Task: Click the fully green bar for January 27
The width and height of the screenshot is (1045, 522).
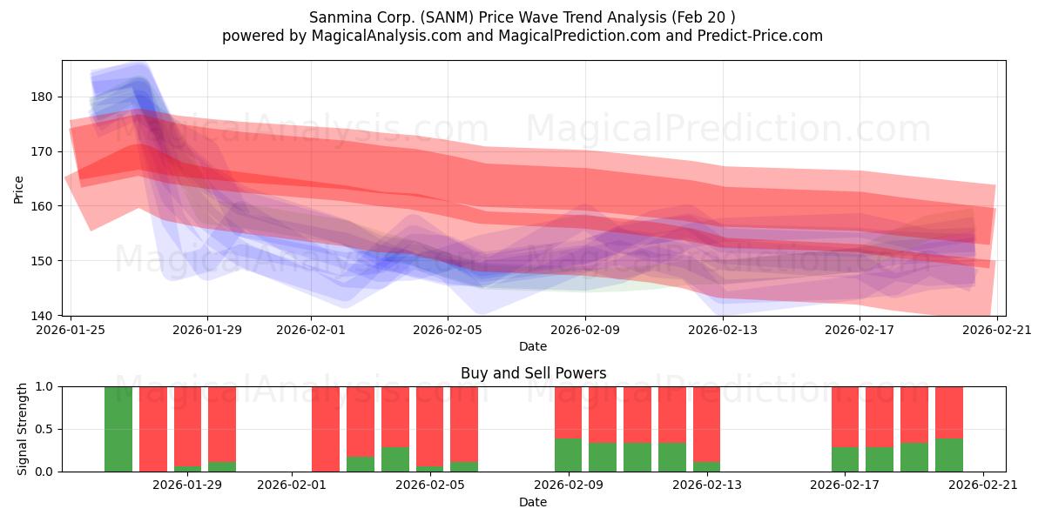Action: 118,429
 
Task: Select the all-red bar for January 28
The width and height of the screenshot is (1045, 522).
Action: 153,429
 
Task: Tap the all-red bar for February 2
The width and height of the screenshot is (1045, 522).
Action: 326,429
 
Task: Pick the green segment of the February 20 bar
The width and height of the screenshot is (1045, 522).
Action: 949,455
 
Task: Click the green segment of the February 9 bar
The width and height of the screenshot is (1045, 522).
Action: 568,455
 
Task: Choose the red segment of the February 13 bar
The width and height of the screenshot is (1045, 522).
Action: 707,425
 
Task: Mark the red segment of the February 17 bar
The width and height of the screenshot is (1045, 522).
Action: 845,417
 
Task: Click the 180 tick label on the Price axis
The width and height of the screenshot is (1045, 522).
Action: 42,97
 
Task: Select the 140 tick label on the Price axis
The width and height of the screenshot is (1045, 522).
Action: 42,316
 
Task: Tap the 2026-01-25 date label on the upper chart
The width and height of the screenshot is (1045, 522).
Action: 71,330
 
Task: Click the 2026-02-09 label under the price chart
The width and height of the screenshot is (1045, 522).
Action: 585,330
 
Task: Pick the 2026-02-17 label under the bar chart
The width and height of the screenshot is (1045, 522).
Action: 845,485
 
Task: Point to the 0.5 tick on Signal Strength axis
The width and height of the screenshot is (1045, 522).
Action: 44,429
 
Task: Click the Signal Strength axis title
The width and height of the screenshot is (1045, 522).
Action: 22,429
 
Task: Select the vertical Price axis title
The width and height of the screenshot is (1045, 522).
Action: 18,190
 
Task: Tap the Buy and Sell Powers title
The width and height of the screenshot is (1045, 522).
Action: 533,373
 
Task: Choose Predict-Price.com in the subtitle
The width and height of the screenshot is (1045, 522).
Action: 760,36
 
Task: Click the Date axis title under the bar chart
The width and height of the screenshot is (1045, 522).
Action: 533,502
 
